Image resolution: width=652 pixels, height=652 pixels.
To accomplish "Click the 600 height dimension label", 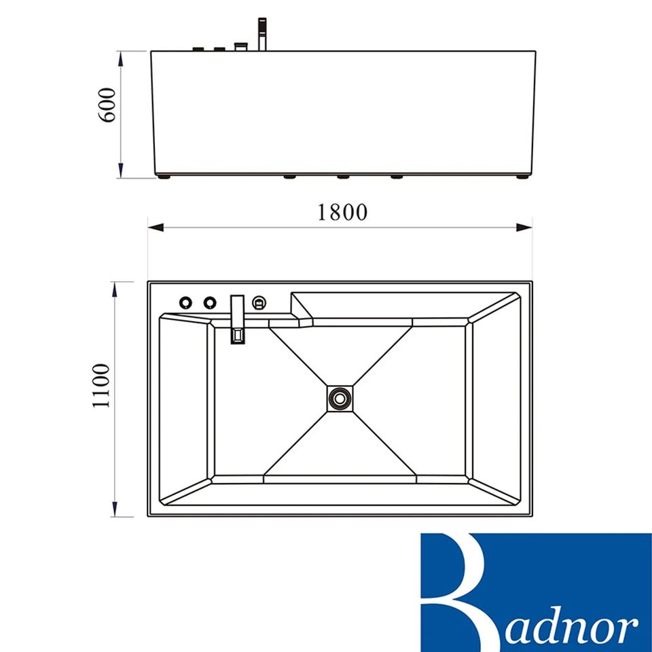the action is click(107, 105).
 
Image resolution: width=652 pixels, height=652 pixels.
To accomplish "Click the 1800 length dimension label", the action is click(342, 212).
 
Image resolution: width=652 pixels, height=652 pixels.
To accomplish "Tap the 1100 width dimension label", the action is click(101, 386).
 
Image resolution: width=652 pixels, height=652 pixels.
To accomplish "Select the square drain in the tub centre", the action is click(340, 399).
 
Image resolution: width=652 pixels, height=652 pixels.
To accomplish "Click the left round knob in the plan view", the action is click(186, 302).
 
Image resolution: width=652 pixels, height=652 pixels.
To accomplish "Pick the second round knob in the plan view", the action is click(210, 302).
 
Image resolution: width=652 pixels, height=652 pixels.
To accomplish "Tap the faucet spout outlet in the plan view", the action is click(238, 336).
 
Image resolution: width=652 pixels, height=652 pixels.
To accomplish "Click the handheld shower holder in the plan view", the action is click(259, 302).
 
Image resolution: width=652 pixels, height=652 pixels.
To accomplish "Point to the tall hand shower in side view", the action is click(262, 34).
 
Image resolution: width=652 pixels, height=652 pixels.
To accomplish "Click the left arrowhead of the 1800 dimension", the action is click(156, 228).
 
